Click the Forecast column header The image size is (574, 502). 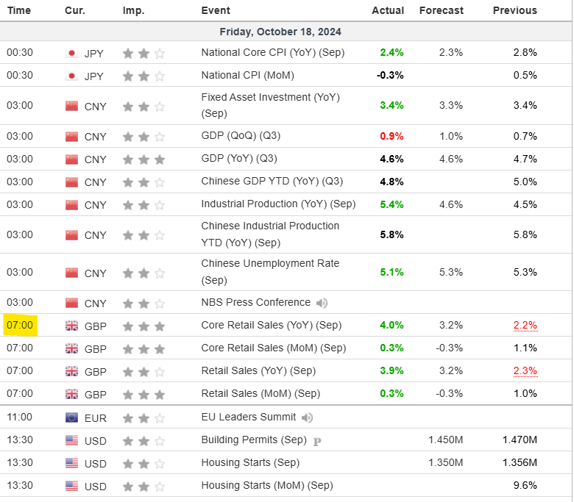[441, 10]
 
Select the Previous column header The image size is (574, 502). [514, 10]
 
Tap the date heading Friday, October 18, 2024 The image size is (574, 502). [280, 32]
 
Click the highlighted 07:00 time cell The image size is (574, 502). [20, 325]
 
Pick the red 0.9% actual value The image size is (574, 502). [391, 136]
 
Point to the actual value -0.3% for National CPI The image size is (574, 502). [390, 75]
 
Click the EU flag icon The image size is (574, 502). [71, 417]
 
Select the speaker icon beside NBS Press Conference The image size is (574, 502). [322, 303]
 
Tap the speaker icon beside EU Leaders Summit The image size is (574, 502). [307, 417]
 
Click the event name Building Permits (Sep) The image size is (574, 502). [254, 440]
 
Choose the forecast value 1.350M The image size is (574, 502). [445, 462]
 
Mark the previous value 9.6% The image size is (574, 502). [525, 485]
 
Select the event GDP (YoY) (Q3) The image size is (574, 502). [239, 158]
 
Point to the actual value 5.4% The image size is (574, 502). [391, 204]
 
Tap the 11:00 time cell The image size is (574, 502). [20, 417]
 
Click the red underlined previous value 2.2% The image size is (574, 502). [525, 325]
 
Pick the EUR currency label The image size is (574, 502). [96, 418]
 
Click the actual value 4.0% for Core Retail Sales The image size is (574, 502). [391, 325]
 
